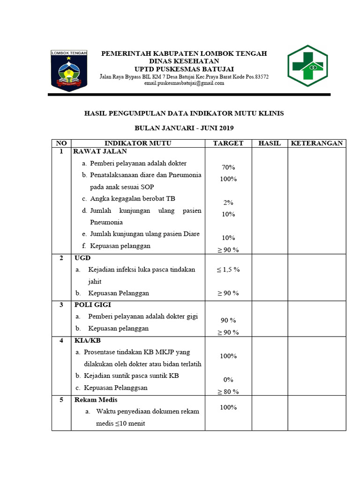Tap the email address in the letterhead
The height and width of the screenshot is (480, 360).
184,83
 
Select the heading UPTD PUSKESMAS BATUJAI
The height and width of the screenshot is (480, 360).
184,68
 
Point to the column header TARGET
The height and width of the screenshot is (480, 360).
228,143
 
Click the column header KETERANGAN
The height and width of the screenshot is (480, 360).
317,143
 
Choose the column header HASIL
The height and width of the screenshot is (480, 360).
270,143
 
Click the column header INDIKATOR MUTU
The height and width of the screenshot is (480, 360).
138,143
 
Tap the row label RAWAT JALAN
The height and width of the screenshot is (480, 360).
100,151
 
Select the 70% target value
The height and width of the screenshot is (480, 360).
228,167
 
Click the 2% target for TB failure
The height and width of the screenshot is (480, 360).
228,202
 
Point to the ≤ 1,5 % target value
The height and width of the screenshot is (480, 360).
228,270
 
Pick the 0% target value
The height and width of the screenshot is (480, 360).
228,380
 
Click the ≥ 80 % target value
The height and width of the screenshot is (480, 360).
228,391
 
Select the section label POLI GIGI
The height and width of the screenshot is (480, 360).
92,305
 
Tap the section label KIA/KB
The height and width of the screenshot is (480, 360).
87,340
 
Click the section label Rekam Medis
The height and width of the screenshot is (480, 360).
96,400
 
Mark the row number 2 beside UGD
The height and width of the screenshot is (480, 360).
61,258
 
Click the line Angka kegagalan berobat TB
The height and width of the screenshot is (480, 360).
133,199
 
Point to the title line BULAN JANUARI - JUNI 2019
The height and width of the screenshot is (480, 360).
184,128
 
